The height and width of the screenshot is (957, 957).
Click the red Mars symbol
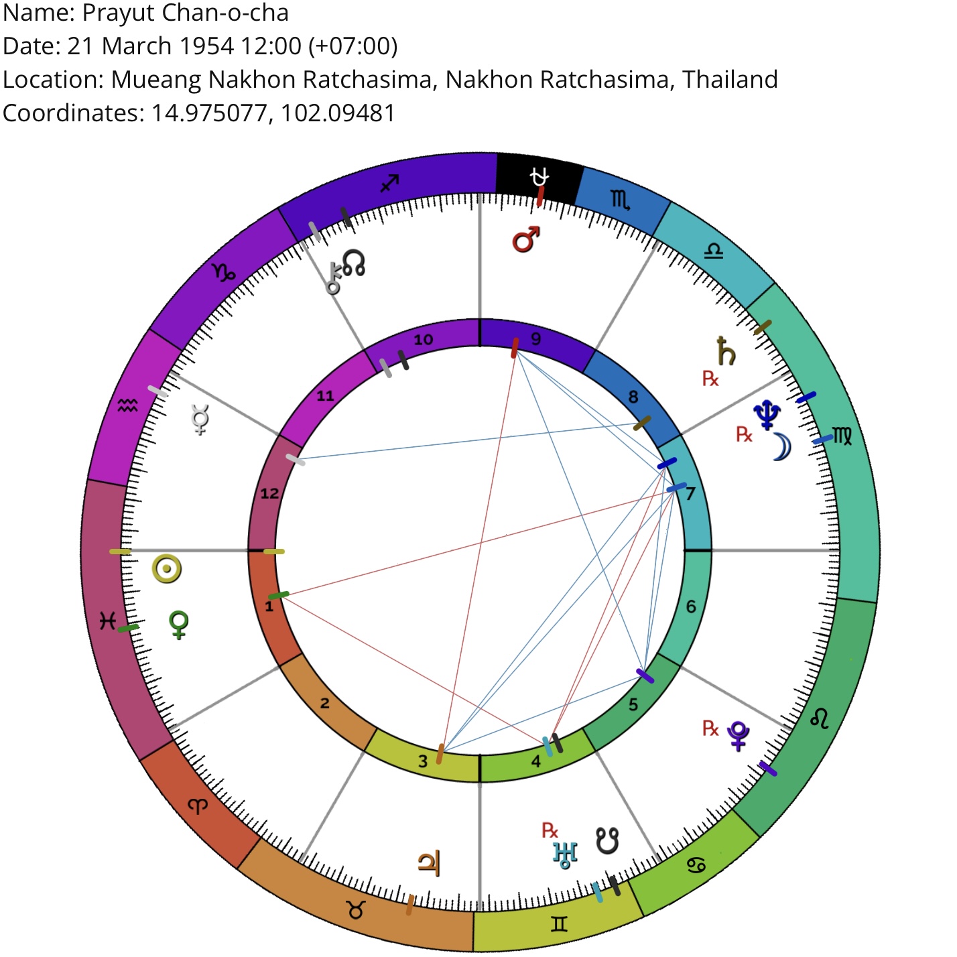[525, 239]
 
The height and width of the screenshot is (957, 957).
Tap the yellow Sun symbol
[166, 569]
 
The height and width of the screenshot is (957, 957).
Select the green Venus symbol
[179, 625]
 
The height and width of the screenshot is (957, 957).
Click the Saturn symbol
[726, 350]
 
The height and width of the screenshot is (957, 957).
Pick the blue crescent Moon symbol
[782, 446]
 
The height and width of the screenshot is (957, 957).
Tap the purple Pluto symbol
[738, 736]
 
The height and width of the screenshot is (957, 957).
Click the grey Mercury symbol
[200, 420]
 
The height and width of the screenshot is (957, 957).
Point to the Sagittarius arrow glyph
[389, 183]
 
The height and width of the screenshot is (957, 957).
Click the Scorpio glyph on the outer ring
[621, 200]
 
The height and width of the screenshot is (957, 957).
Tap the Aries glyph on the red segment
[198, 806]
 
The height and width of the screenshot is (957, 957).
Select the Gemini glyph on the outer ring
[559, 923]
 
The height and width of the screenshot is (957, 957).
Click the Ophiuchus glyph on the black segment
[539, 177]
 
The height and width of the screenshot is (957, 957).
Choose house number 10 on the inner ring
[423, 340]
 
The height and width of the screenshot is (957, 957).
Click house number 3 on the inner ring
[423, 761]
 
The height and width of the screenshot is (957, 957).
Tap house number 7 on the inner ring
[690, 494]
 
